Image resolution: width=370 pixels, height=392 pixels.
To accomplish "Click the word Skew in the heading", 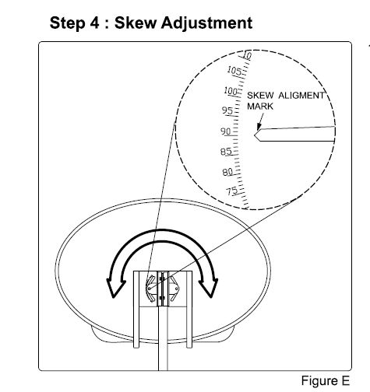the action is pyautogui.click(x=136, y=23).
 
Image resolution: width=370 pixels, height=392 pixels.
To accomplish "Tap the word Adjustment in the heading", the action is pyautogui.click(x=206, y=23).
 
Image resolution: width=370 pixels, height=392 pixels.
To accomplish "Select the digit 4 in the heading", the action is pyautogui.click(x=95, y=23).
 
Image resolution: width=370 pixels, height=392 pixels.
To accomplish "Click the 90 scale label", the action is pyautogui.click(x=225, y=131).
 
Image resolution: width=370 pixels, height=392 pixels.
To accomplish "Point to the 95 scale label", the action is pyautogui.click(x=227, y=110).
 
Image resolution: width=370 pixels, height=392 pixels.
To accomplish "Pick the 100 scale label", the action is pyautogui.click(x=231, y=91).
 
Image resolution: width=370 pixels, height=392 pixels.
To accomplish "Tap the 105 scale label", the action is pyautogui.click(x=234, y=71).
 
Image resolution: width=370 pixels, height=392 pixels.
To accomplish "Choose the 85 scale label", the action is pyautogui.click(x=226, y=152).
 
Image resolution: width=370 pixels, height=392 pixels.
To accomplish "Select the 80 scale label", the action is pyautogui.click(x=227, y=172).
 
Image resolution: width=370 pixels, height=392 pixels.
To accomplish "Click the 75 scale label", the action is pyautogui.click(x=232, y=191).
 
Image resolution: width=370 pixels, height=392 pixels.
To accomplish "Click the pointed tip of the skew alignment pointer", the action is pyautogui.click(x=255, y=135).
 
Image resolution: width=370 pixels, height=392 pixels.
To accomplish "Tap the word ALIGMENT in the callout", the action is pyautogui.click(x=301, y=96).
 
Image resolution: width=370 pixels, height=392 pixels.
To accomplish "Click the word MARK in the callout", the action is pyautogui.click(x=260, y=107).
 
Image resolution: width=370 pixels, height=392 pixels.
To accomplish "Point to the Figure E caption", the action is pyautogui.click(x=326, y=381).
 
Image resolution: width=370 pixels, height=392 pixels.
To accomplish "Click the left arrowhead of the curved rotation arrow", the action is pyautogui.click(x=115, y=288).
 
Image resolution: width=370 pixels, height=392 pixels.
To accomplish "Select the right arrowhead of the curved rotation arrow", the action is pyautogui.click(x=210, y=288).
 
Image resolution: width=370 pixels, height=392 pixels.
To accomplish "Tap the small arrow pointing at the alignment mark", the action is pyautogui.click(x=260, y=122).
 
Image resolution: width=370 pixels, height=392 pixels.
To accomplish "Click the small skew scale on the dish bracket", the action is pyautogui.click(x=149, y=289).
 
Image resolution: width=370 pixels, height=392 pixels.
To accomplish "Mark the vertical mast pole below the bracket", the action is pyautogui.click(x=163, y=338).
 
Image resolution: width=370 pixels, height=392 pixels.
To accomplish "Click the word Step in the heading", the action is pyautogui.click(x=67, y=23).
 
